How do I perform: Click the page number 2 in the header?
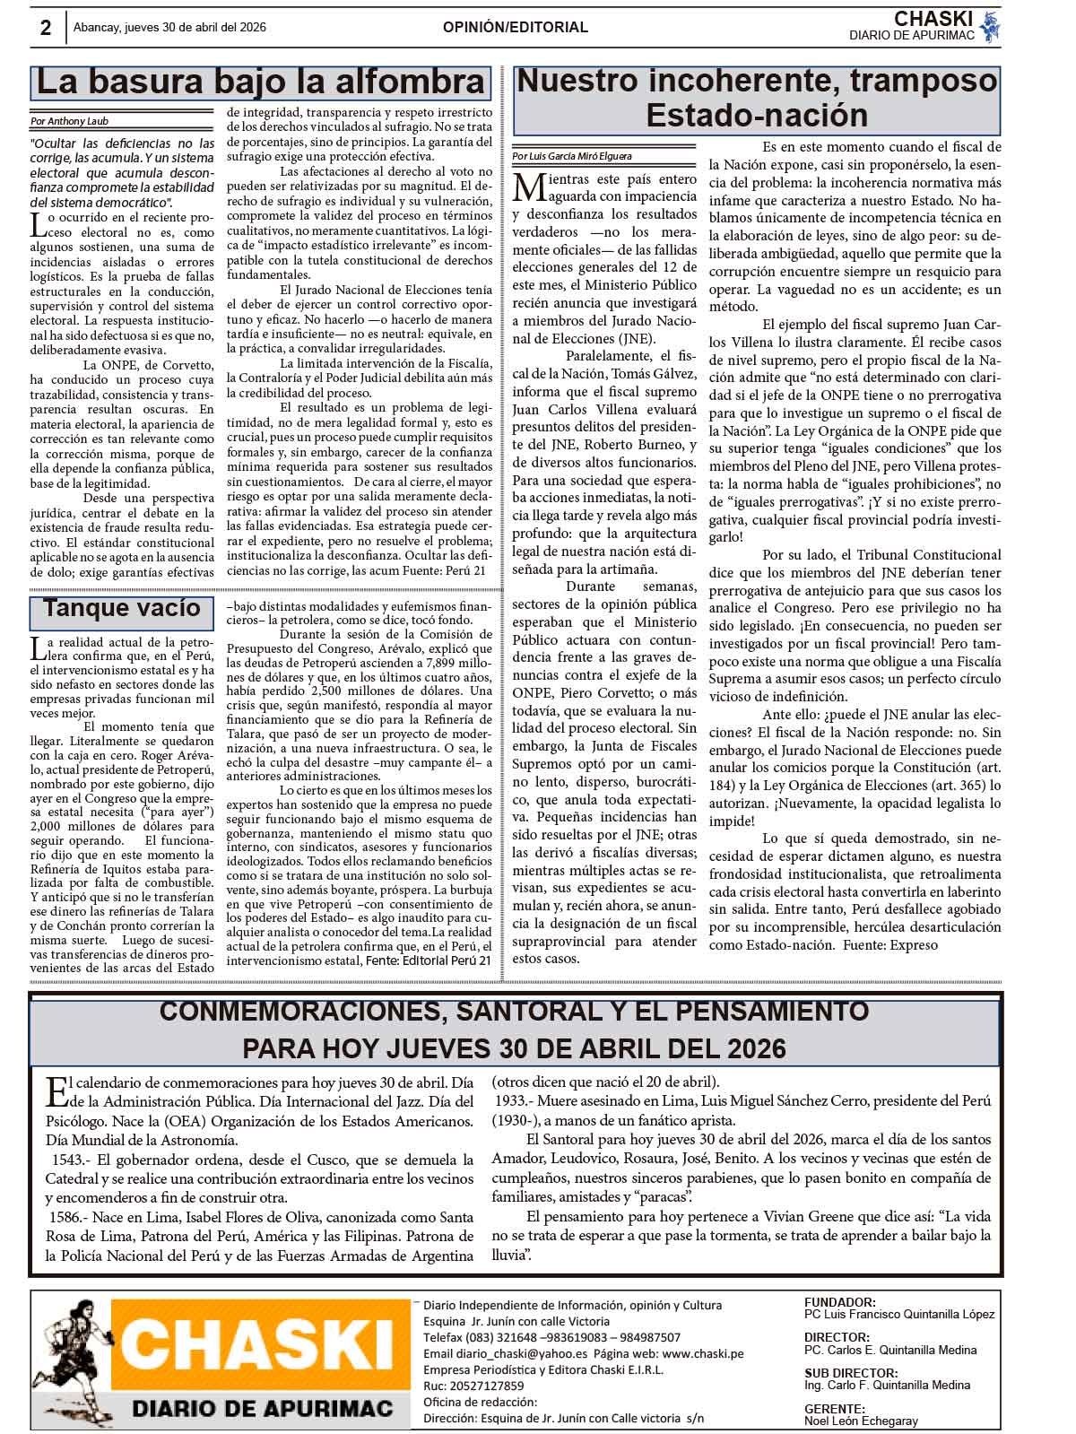[46, 28]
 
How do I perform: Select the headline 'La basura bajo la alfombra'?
[260, 83]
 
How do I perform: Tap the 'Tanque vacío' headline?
[122, 608]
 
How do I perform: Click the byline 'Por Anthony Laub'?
[70, 121]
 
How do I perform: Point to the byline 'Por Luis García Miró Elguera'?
[572, 156]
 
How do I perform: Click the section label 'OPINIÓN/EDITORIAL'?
[516, 28]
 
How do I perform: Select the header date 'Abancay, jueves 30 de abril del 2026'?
[169, 28]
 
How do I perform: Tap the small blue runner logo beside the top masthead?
[989, 27]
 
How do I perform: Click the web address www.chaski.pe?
[703, 1353]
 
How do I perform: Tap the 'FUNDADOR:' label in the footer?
[840, 1302]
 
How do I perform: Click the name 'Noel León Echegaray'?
[861, 1421]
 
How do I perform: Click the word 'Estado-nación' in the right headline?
[757, 116]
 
